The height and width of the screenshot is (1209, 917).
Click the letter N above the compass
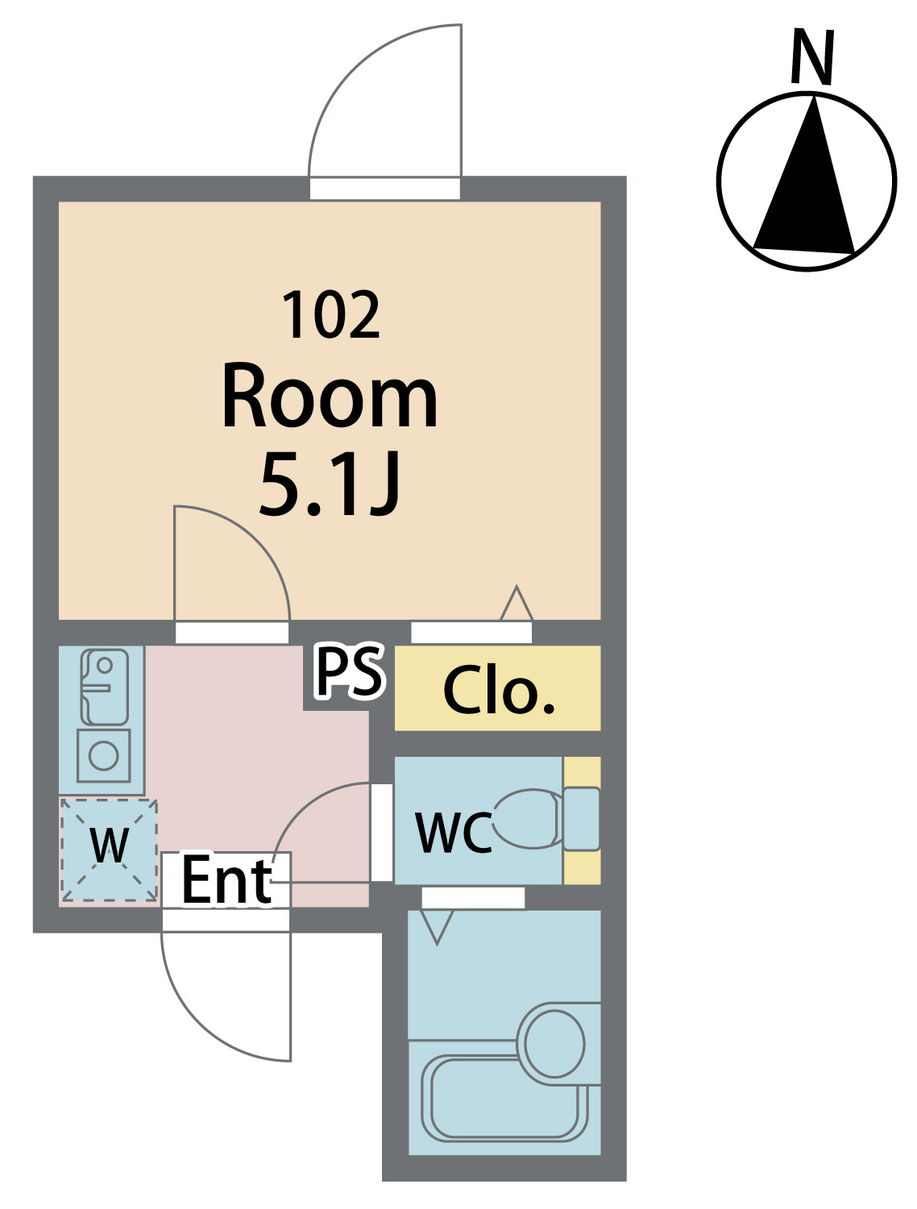tap(811, 57)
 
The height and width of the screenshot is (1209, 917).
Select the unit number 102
tap(330, 316)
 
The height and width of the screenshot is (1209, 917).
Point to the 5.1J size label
tap(330, 484)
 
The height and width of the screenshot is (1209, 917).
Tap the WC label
tap(453, 832)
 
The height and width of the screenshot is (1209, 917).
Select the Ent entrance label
tap(226, 880)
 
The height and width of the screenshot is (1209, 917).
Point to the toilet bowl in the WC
tap(528, 819)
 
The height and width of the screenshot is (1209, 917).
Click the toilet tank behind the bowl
tap(581, 819)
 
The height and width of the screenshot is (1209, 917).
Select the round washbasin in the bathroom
tap(554, 1043)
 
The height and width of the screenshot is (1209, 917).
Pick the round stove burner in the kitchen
tap(104, 756)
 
